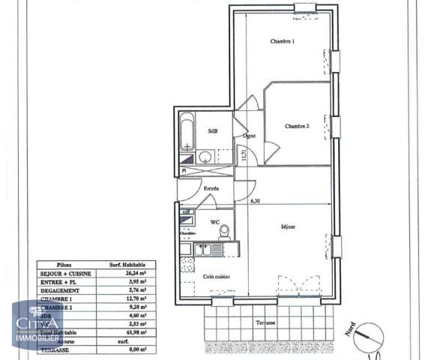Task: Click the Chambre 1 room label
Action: [282, 41]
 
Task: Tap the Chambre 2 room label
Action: [297, 126]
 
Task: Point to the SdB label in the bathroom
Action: [213, 130]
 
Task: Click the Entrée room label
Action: [211, 188]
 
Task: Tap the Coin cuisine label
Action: [216, 277]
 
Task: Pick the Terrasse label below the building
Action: [265, 322]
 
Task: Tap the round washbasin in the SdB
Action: [204, 157]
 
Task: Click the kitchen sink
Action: [202, 250]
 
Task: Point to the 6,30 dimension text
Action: [256, 201]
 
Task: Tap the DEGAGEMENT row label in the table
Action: [62, 290]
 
